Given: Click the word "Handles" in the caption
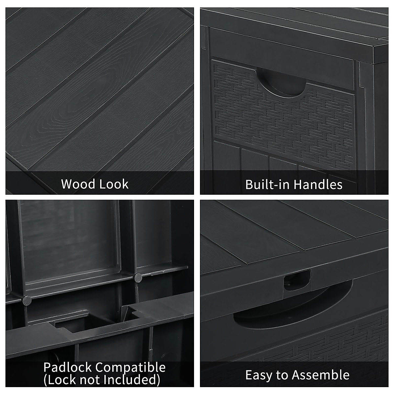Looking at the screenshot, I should [x=318, y=185].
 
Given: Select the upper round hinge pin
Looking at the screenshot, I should [x=138, y=277].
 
